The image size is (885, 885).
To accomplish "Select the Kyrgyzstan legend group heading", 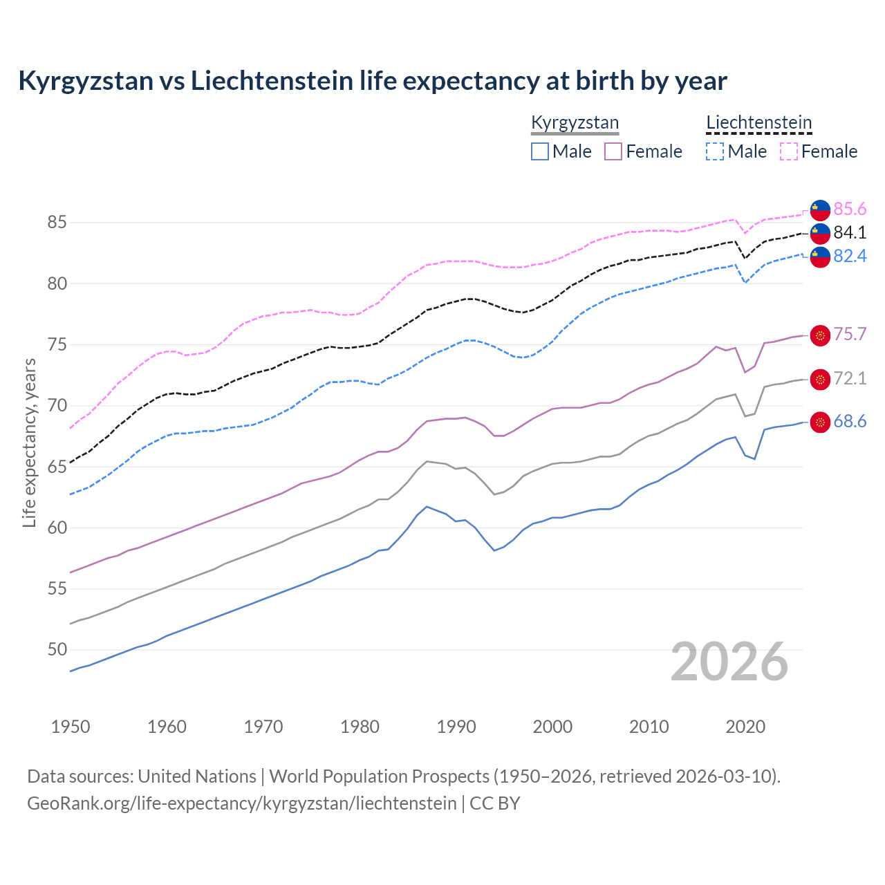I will click(x=575, y=123).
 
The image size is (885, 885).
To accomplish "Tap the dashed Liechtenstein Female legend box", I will click(x=789, y=151).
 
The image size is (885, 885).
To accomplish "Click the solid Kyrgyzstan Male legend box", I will click(x=540, y=151).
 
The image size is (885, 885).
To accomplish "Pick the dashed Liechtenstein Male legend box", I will click(x=715, y=151).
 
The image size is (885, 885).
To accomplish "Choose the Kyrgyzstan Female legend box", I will click(x=613, y=151).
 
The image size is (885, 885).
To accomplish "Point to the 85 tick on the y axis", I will click(x=57, y=223).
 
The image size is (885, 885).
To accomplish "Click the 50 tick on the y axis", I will click(x=57, y=650).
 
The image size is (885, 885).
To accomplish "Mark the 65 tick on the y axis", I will click(x=57, y=467).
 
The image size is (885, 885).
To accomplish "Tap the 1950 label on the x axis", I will click(x=71, y=727).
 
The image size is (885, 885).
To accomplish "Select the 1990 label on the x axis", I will click(x=456, y=727).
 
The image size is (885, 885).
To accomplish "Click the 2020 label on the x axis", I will click(x=745, y=727).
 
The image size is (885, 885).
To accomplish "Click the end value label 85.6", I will click(x=850, y=209).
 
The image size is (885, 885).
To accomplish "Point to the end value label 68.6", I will click(x=850, y=422).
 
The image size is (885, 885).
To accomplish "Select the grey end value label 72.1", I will click(x=850, y=378).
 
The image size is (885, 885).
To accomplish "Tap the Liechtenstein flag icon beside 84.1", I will click(x=820, y=233).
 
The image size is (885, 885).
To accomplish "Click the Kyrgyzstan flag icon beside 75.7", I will click(x=820, y=335).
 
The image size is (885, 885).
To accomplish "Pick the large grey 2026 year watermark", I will click(x=729, y=662).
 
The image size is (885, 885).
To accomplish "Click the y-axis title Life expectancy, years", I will click(x=30, y=442).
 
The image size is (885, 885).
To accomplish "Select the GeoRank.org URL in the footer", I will click(x=242, y=803).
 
